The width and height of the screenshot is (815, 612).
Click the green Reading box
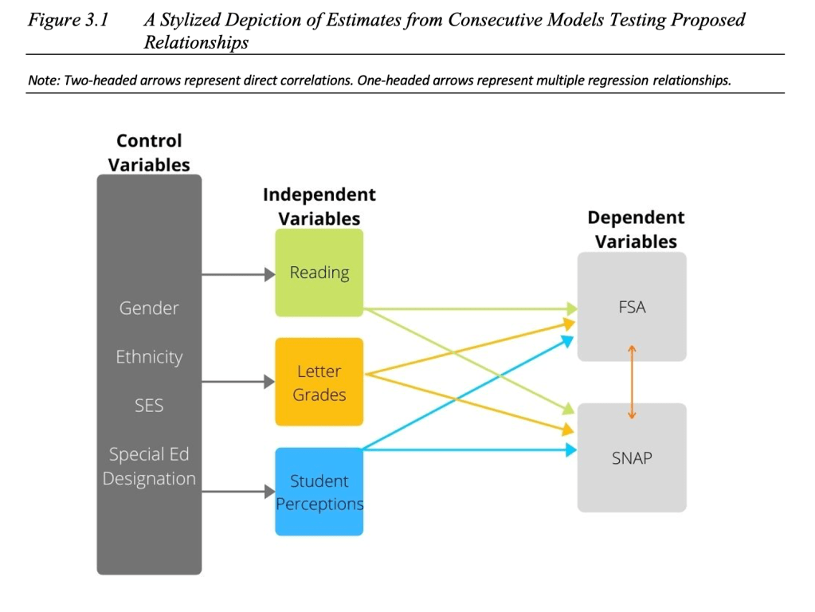coord(319,273)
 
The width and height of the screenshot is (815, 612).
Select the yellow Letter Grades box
coord(319,382)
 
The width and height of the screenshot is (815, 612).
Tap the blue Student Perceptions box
coord(319,492)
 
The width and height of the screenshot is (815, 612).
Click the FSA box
coord(632,307)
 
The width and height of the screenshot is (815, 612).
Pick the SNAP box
coord(632,457)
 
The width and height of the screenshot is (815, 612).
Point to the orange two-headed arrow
coord(632,382)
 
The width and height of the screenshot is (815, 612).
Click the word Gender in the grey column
coord(149,308)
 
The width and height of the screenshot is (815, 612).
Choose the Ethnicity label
coord(149,356)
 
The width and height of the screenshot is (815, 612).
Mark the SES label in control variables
coord(149,405)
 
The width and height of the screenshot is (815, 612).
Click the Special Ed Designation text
coord(149,466)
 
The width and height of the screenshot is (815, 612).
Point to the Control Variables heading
coord(149,152)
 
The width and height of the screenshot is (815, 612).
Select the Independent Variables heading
coord(319,206)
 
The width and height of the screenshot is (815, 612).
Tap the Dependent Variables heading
coord(636,229)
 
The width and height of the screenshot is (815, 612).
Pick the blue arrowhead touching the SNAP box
coord(570,450)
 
